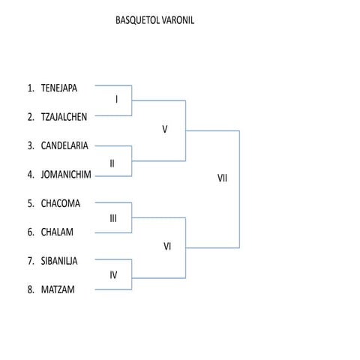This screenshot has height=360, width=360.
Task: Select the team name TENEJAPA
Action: coord(59,87)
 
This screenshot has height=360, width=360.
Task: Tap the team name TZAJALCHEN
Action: coord(64,116)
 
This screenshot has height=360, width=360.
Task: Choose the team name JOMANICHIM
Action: coord(66,174)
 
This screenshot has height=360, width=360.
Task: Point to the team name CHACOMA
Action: coord(61,202)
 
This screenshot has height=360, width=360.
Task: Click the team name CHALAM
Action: coord(57,232)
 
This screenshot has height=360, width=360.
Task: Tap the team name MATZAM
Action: coord(58,289)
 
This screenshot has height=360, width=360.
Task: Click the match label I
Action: coord(116,100)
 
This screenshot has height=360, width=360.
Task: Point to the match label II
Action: coord(112,162)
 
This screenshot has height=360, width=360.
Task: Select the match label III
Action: coord(113,218)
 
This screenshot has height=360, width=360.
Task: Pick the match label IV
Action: coord(113,274)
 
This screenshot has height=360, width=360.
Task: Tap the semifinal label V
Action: coord(164,129)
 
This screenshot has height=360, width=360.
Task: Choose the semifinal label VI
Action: coord(168,246)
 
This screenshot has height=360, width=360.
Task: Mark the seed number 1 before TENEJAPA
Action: coord(30,87)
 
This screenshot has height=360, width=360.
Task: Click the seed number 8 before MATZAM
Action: coord(30,289)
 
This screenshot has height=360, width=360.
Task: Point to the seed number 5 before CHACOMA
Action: coord(30,202)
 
